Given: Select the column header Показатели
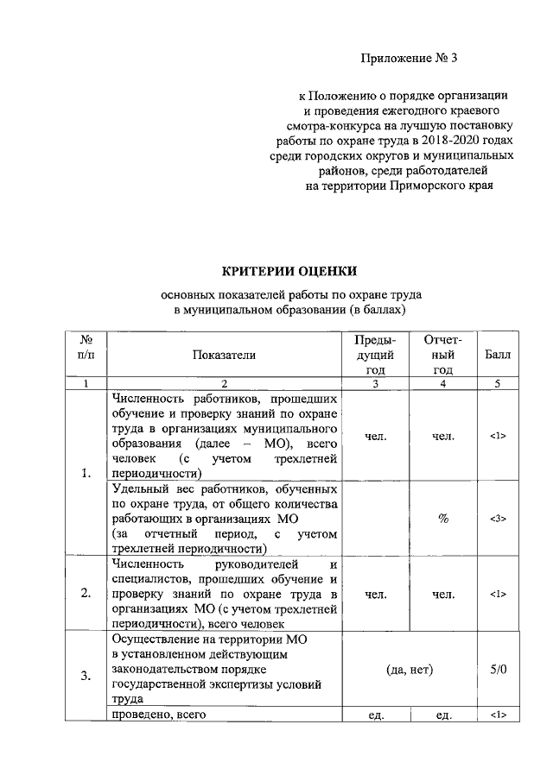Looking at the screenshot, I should pyautogui.click(x=225, y=354).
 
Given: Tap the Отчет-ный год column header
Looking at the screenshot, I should pyautogui.click(x=442, y=354).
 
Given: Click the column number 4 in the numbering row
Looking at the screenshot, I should pyautogui.click(x=442, y=384).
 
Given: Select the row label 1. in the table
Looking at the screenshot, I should pyautogui.click(x=85, y=472).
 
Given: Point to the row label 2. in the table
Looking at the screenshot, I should pyautogui.click(x=85, y=594).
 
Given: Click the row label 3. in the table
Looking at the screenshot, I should pyautogui.click(x=85, y=675).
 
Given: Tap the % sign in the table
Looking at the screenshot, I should pyautogui.click(x=442, y=519).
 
